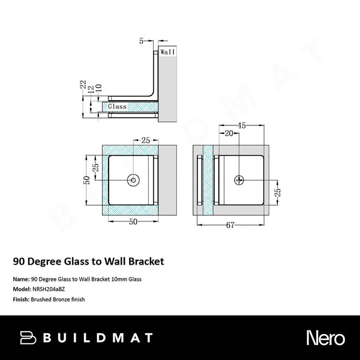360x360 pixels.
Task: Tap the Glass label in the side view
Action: (x=117, y=106)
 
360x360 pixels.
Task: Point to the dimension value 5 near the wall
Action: (x=142, y=41)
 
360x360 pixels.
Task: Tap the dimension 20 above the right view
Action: (x=228, y=134)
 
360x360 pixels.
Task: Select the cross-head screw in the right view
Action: (x=239, y=179)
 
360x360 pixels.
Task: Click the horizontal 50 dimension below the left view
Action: (x=134, y=221)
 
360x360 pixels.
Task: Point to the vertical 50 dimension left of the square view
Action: (x=87, y=179)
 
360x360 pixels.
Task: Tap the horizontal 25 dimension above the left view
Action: (x=145, y=140)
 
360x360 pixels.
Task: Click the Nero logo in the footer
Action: (x=326, y=337)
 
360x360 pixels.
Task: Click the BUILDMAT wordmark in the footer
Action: (x=98, y=337)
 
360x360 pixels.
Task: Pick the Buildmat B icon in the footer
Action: (x=28, y=337)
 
